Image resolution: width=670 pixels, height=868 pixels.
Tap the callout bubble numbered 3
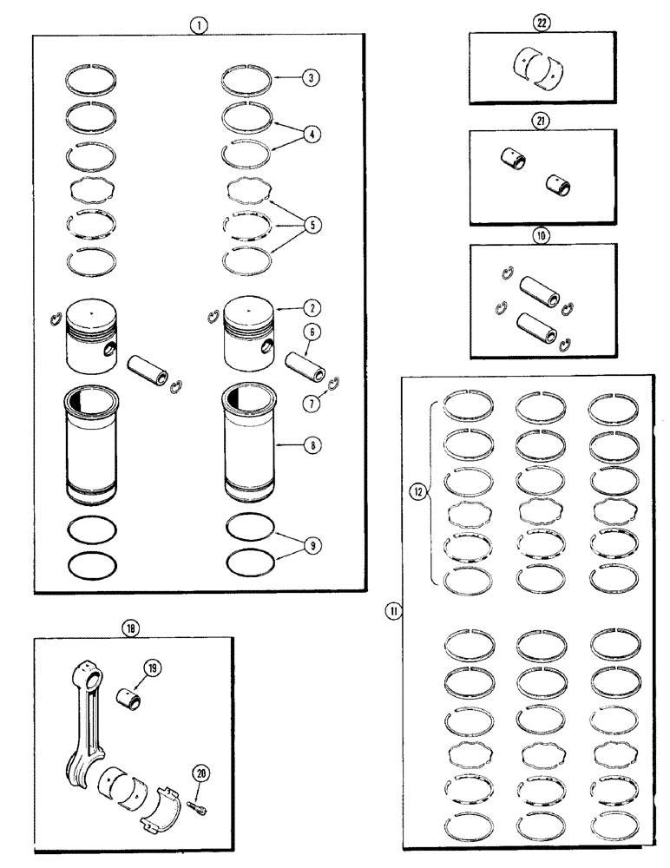(308, 77)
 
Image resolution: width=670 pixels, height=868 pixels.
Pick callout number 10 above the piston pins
(543, 234)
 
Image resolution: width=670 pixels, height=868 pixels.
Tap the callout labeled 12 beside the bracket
(417, 492)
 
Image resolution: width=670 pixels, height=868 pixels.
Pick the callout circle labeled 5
(308, 224)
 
